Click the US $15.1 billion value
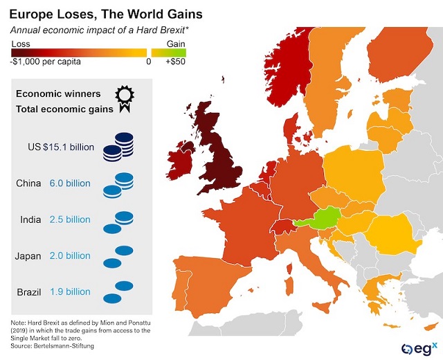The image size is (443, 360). [x=70, y=147]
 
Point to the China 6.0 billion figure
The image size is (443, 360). [x=70, y=183]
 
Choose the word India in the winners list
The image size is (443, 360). [x=29, y=219]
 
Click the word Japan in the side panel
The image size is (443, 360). [x=28, y=255]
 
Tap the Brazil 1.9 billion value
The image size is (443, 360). [x=70, y=291]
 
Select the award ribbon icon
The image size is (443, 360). [x=124, y=98]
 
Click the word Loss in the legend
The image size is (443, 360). [x=21, y=43]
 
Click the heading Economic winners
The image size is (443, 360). [x=58, y=93]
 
